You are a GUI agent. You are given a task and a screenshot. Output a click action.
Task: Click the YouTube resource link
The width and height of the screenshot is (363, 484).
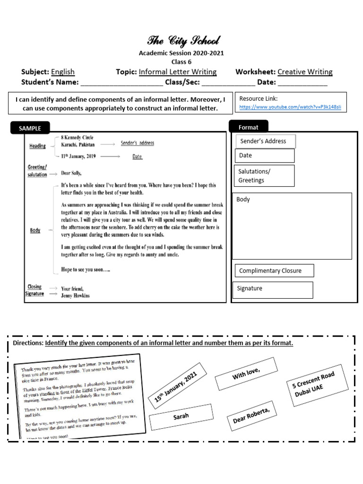pyautogui.click(x=290, y=108)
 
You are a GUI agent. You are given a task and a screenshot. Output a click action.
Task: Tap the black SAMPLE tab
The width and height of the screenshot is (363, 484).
pyautogui.click(x=30, y=128)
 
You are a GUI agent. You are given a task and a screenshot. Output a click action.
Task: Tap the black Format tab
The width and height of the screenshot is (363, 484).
pyautogui.click(x=249, y=127)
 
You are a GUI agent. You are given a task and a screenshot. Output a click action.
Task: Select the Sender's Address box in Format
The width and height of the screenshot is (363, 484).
pyautogui.click(x=265, y=141)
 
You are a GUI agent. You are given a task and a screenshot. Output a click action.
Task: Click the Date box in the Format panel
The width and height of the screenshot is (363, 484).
pyautogui.click(x=264, y=156)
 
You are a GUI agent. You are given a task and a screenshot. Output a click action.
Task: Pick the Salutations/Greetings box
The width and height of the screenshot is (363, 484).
pyautogui.click(x=264, y=176)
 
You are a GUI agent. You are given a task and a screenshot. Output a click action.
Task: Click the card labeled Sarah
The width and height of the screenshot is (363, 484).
pyautogui.click(x=181, y=416)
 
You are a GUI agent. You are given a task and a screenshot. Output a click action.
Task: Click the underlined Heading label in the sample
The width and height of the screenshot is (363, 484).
pyautogui.click(x=37, y=146)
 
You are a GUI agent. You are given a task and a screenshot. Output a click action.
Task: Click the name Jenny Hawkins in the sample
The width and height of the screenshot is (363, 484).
pyautogui.click(x=75, y=296)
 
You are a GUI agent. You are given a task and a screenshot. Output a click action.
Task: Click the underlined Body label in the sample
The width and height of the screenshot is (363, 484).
pyautogui.click(x=35, y=230)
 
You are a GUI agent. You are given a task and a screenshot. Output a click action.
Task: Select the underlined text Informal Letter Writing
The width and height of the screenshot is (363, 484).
pyautogui.click(x=178, y=72)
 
